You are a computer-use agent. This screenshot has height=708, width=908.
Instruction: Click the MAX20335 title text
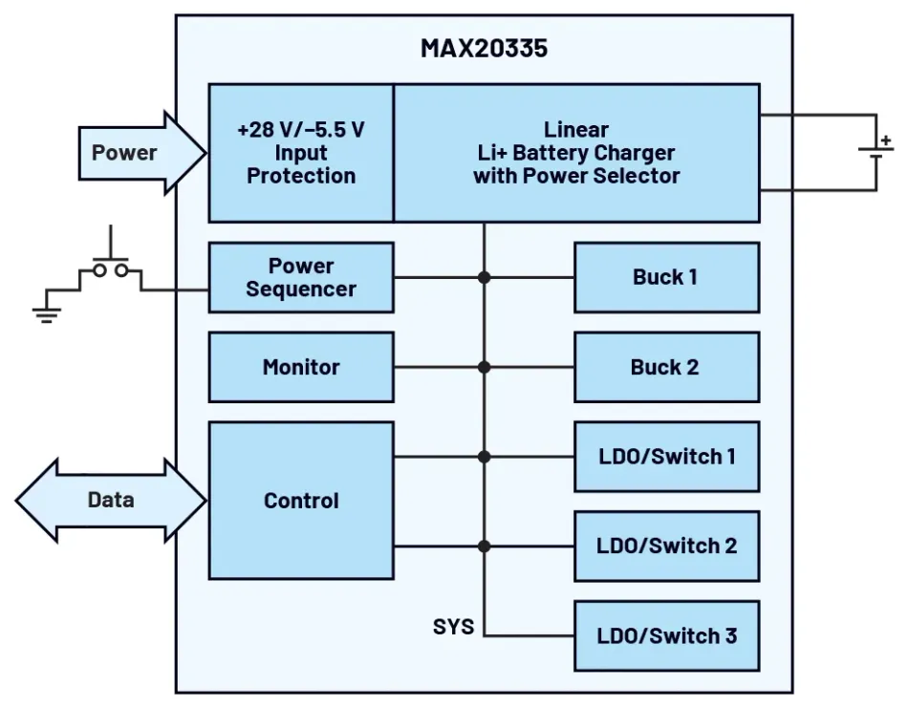click(x=484, y=49)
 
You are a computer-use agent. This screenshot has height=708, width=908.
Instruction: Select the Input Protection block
click(x=301, y=153)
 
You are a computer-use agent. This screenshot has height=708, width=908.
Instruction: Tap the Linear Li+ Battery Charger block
click(x=576, y=153)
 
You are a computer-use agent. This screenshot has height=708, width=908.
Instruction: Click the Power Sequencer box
click(x=301, y=277)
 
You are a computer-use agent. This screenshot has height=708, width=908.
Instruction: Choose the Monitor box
click(x=301, y=367)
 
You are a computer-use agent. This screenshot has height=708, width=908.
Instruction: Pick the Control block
click(x=301, y=501)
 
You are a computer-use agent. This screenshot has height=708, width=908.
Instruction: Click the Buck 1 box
click(x=666, y=277)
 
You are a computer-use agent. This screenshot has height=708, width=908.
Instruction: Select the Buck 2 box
click(x=666, y=367)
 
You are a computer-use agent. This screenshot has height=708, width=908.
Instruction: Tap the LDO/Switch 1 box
click(x=666, y=456)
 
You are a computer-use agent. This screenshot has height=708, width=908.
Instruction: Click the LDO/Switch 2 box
click(x=666, y=546)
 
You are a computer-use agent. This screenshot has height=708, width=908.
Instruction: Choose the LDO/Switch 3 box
click(x=666, y=635)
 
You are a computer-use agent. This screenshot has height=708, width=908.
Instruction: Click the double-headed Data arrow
click(x=111, y=500)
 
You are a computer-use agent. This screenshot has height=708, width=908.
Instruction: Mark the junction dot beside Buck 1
click(x=485, y=277)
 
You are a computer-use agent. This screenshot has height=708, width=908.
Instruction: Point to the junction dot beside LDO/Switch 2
click(x=485, y=546)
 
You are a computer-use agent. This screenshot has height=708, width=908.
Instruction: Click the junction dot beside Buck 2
click(x=485, y=367)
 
